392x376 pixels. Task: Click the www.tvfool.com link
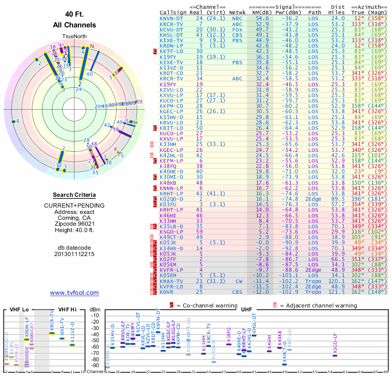pyautogui.click(x=74, y=293)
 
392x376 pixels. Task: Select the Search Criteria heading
pyautogui.click(x=74, y=194)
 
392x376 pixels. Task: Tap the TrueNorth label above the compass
pyautogui.click(x=74, y=37)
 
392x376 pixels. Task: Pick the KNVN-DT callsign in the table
pyautogui.click(x=171, y=18)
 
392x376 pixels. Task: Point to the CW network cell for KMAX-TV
pyautogui.click(x=239, y=282)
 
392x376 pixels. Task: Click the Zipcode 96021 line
pyautogui.click(x=74, y=224)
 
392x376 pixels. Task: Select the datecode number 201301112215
pyautogui.click(x=74, y=255)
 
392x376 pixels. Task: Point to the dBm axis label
pyautogui.click(x=95, y=309)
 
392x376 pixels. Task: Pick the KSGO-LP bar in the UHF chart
pyautogui.click(x=335, y=355)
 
